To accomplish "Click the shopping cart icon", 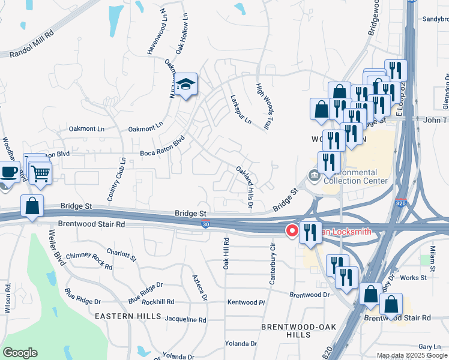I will point(40,173).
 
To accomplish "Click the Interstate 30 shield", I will point(205,224).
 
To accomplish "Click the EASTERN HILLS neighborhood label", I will point(127,315).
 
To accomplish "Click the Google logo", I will point(20,352).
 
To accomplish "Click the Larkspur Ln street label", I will point(241,109).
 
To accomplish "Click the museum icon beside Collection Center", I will point(314,175).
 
